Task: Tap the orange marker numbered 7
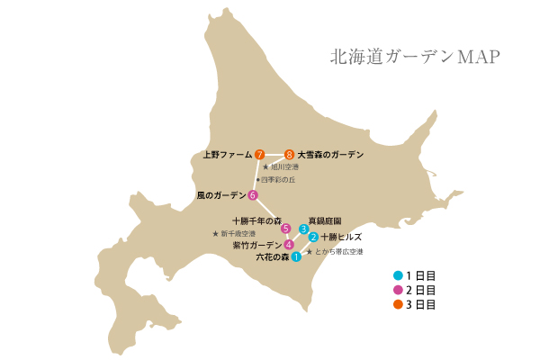click(x=259, y=155)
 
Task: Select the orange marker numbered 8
click(x=289, y=155)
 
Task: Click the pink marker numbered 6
click(x=253, y=195)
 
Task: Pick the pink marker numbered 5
click(x=286, y=229)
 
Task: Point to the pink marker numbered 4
click(x=288, y=245)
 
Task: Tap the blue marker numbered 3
click(x=304, y=229)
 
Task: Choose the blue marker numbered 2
click(x=313, y=238)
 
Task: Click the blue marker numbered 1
click(x=296, y=257)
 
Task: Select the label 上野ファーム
click(x=227, y=155)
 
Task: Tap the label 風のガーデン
click(x=220, y=194)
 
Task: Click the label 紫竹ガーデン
click(x=256, y=245)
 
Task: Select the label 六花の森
click(x=272, y=257)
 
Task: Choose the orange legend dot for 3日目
click(x=399, y=304)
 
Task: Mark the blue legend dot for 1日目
click(x=399, y=274)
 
